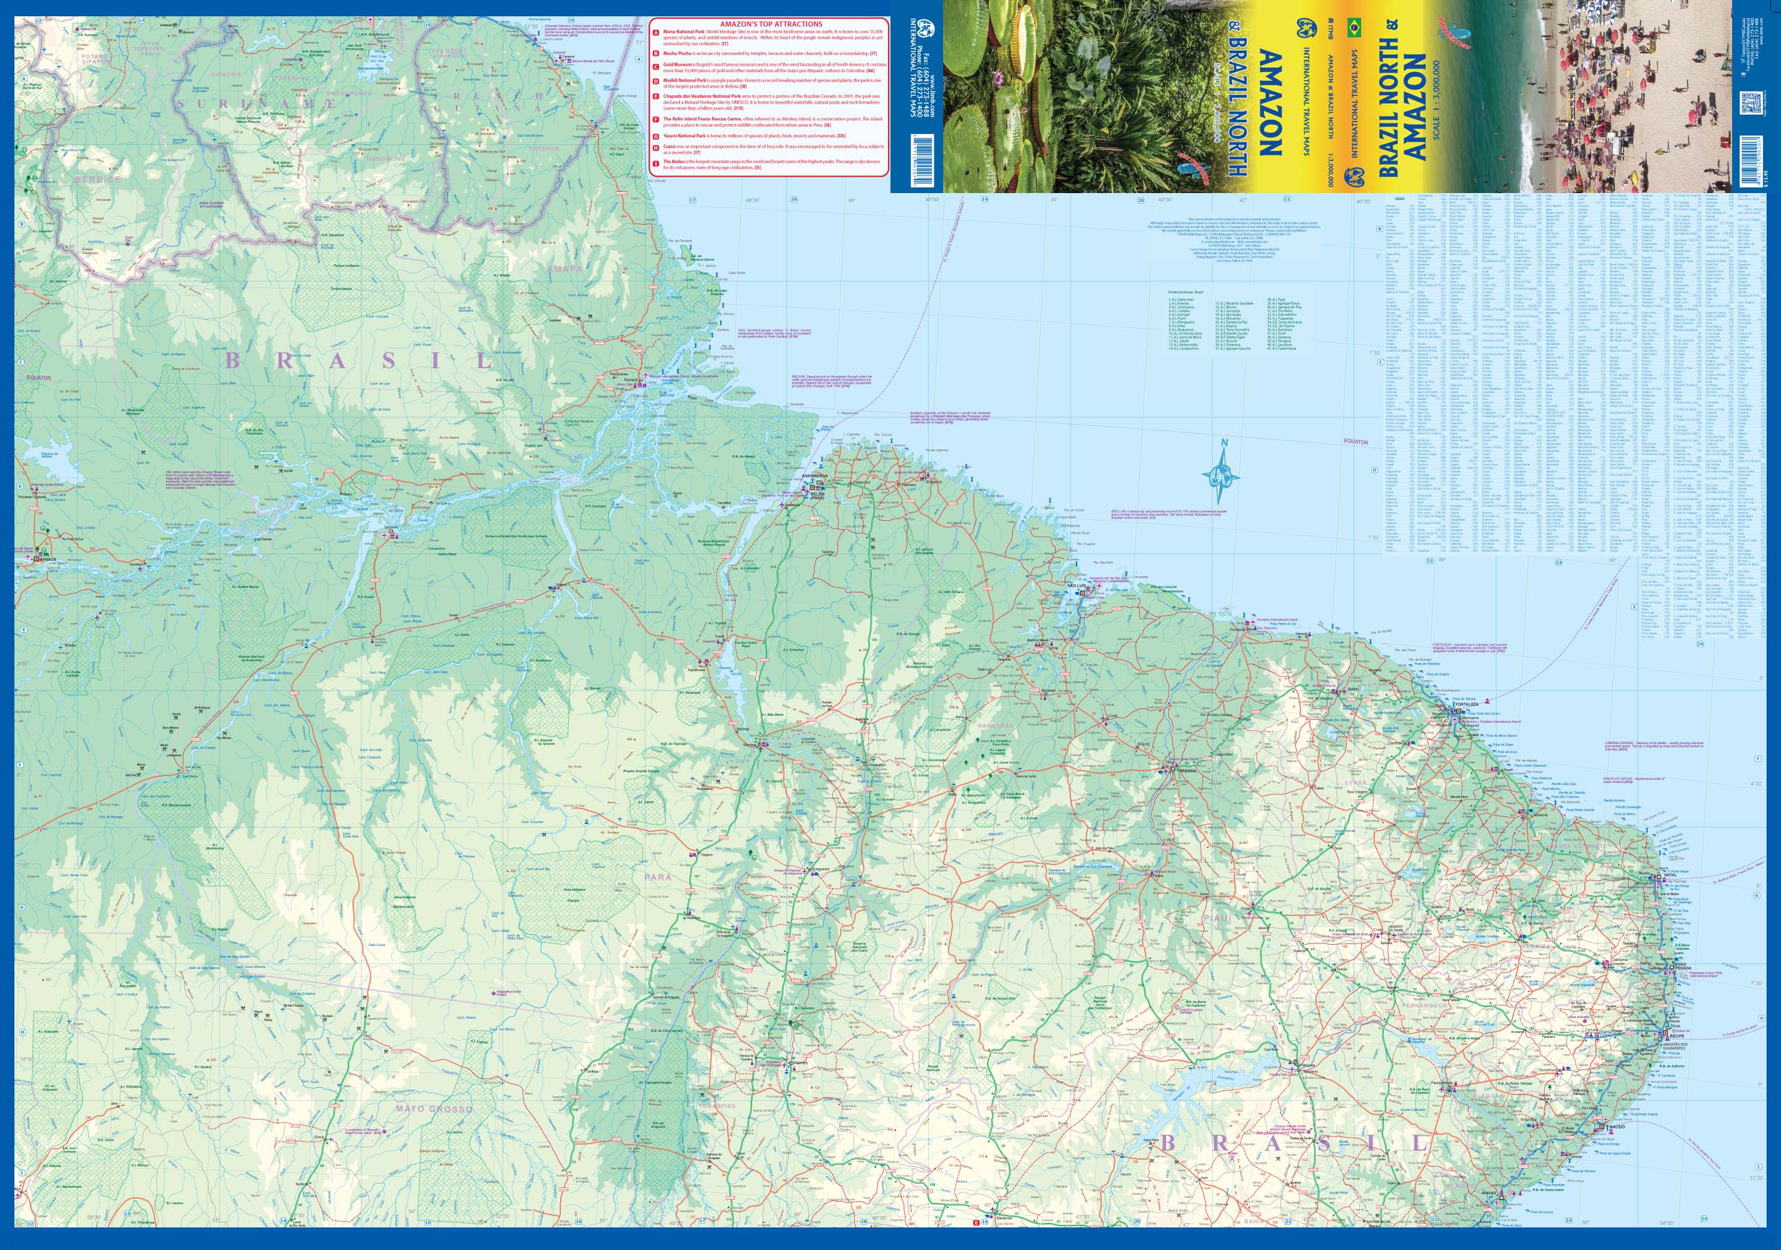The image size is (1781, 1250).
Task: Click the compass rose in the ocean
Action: click(x=1220, y=473)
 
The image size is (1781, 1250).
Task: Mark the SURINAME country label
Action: click(x=256, y=103)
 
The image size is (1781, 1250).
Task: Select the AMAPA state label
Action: click(x=565, y=268)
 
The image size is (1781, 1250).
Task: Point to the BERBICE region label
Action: click(x=98, y=179)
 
